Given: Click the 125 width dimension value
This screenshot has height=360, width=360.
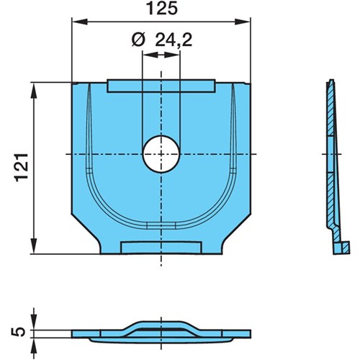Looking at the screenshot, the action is (162, 9).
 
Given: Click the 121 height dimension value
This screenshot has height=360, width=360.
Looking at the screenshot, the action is (22, 167).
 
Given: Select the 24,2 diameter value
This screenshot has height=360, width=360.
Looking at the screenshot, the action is (174, 40).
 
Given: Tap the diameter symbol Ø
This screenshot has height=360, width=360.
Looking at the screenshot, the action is (138, 40).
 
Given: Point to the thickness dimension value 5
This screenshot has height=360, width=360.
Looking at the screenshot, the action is (18, 332).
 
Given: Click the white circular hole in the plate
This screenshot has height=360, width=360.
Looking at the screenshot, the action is (161, 154).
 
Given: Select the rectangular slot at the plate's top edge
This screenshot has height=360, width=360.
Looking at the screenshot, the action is (161, 86).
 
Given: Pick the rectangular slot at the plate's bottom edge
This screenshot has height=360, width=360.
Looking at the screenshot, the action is (161, 248).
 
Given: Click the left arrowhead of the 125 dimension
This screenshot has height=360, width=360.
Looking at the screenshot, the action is (79, 22).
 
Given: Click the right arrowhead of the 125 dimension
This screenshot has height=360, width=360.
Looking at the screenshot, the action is (243, 22).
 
